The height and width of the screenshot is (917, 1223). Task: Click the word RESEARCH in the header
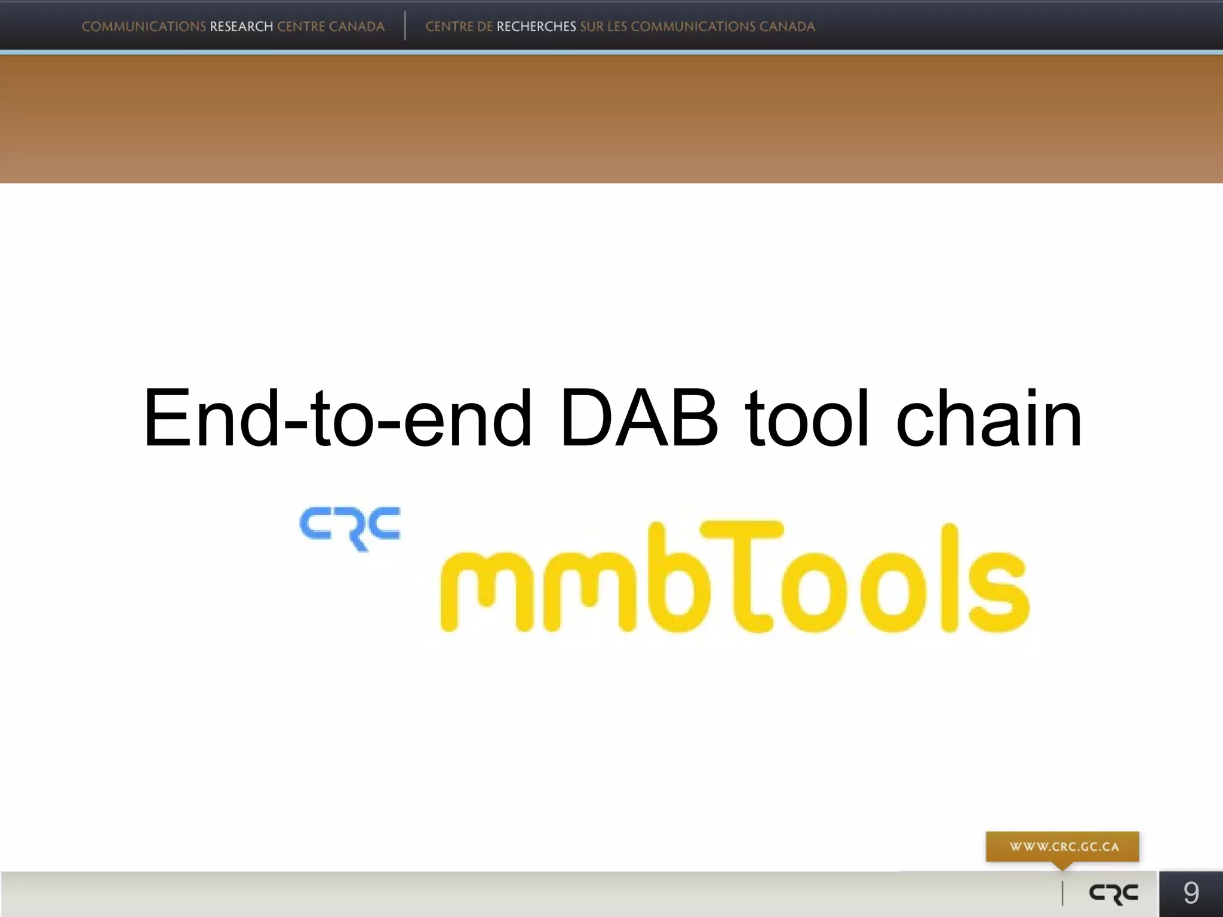pyautogui.click(x=241, y=27)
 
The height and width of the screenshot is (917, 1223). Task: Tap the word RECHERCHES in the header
pyautogui.click(x=536, y=27)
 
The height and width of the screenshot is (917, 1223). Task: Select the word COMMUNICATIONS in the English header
pyautogui.click(x=144, y=27)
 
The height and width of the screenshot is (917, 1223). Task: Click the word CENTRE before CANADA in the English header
pyautogui.click(x=301, y=27)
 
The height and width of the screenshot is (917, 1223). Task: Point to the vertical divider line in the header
pyautogui.click(x=405, y=26)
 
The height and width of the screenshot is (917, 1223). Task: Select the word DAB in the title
pyautogui.click(x=639, y=418)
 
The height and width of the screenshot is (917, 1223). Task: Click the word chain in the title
pyautogui.click(x=989, y=418)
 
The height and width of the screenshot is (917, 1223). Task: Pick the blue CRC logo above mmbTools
pyautogui.click(x=351, y=528)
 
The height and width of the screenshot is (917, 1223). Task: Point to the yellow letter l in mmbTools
pyautogui.click(x=949, y=577)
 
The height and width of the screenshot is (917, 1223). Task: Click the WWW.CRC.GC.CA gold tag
pyautogui.click(x=1063, y=847)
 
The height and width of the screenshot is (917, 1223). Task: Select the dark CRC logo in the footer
pyautogui.click(x=1114, y=894)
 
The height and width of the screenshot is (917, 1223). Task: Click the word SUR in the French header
pyautogui.click(x=592, y=27)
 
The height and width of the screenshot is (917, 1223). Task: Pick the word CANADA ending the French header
pyautogui.click(x=787, y=27)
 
